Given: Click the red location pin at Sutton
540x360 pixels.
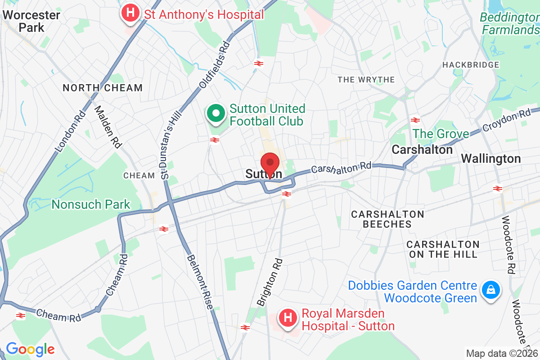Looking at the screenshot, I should click(x=270, y=163).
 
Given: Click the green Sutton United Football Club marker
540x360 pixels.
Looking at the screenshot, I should click(x=216, y=113).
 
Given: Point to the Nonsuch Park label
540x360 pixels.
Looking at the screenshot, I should click(x=91, y=205).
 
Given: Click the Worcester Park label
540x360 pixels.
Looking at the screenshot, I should click(x=31, y=21).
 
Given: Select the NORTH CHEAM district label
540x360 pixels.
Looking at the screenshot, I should click(x=103, y=88).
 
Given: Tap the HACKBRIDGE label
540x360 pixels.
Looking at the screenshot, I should click(x=471, y=65).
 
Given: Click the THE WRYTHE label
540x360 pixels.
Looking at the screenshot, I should click(x=366, y=80).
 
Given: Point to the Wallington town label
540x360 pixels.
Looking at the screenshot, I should click(x=491, y=159).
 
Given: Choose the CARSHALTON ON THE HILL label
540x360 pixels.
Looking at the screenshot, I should click(x=443, y=249).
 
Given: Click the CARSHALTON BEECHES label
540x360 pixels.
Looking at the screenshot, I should click(x=387, y=219).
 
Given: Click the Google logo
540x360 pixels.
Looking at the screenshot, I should click(x=30, y=349).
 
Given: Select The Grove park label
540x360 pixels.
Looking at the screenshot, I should click(x=441, y=134).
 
